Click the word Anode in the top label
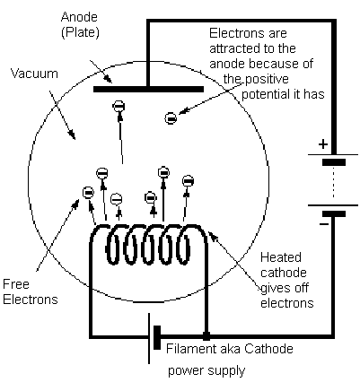point(79,17)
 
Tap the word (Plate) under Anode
point(80,32)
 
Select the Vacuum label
point(34,74)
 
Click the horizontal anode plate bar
point(148,89)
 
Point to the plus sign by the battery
point(323,144)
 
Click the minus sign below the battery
point(324,224)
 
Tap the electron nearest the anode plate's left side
point(119,107)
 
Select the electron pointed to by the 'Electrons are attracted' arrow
point(171,118)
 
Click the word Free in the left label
point(16,284)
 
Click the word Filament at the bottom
point(191,349)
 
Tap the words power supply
point(206,371)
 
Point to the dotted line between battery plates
point(333,182)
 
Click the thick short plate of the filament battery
point(157,337)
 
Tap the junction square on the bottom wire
point(206,336)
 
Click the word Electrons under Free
point(31,300)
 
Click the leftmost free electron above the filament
point(88,193)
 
